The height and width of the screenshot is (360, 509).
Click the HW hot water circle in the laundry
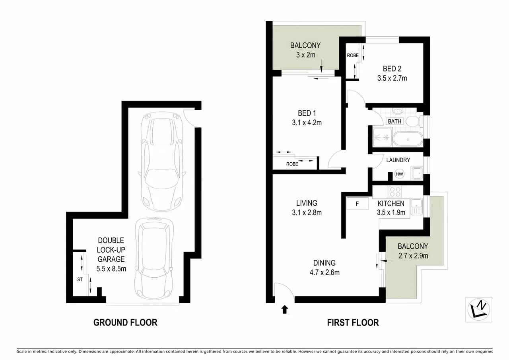pyautogui.click(x=399, y=174)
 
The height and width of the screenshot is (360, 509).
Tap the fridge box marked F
pyautogui.click(x=357, y=204)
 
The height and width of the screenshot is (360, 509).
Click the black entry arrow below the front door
pyautogui.click(x=284, y=309)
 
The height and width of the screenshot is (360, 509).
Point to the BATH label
pyautogui.click(x=395, y=121)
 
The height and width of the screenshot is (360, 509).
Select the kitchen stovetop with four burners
pyautogui.click(x=395, y=192)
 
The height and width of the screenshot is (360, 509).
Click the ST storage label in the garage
pyautogui.click(x=80, y=279)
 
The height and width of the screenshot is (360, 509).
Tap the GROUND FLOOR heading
pyautogui.click(x=125, y=322)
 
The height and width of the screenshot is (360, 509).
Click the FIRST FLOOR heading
pyautogui.click(x=353, y=322)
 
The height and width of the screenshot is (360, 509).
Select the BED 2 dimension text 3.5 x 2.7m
pyautogui.click(x=392, y=78)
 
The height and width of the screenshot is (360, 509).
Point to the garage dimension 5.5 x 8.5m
pyautogui.click(x=111, y=269)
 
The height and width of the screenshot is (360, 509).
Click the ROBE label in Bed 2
pyautogui.click(x=352, y=56)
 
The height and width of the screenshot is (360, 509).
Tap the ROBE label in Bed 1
pyautogui.click(x=292, y=163)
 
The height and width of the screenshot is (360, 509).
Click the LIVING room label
pyautogui.click(x=306, y=203)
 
